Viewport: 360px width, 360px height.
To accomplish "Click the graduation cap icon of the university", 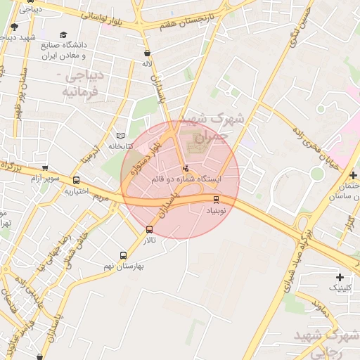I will (63, 34).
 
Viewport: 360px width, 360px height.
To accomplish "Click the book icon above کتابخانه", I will (120, 135).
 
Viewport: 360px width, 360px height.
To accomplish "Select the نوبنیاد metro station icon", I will (216, 200).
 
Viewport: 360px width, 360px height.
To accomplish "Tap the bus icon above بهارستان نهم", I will (124, 256).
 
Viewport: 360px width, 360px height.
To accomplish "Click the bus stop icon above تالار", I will (148, 230).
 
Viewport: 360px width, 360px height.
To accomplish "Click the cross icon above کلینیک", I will (340, 278).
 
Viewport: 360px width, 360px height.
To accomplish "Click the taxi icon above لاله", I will (146, 53).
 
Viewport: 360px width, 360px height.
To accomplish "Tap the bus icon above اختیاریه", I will (76, 180).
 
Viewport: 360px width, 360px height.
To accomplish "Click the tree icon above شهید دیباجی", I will (14, 27).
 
